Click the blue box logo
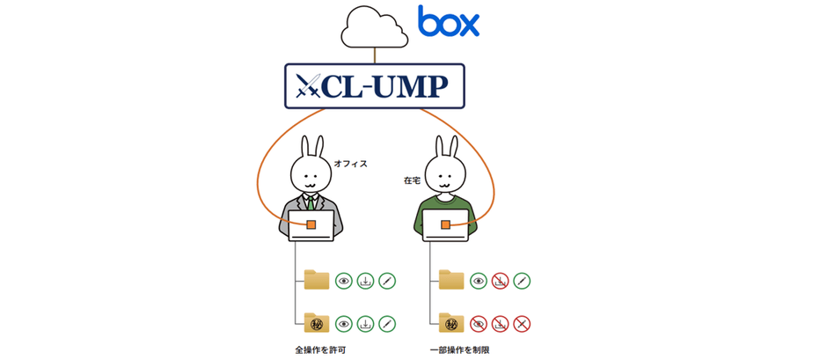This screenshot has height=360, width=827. point(449,21)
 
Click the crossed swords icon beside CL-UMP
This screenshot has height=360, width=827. point(309,85)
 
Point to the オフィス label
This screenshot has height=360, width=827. point(350,163)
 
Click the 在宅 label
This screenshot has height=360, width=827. point(412,180)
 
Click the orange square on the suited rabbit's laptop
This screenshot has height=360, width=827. point(311,224)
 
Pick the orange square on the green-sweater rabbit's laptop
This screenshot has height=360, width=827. point(446,224)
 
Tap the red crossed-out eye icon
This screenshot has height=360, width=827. point(479,324)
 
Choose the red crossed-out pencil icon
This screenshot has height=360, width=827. point(522,324)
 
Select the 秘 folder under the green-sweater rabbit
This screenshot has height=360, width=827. point(451,323)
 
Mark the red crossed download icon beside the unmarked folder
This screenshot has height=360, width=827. point(501,281)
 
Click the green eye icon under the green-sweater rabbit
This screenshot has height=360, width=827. point(479,281)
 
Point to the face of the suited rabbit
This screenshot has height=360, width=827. point(311,177)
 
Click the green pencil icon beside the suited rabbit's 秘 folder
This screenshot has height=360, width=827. point(387,324)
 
